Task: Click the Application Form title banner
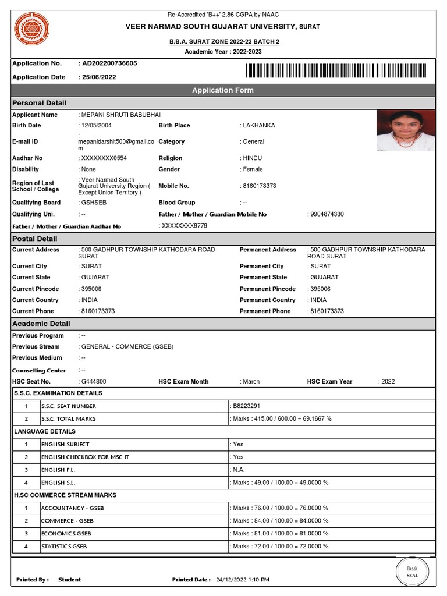(223, 90)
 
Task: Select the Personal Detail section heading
(36, 103)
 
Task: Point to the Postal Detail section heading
(35, 239)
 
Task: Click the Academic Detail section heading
(41, 324)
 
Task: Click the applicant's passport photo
(406, 131)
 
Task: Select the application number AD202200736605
(108, 63)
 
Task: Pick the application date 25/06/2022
(98, 77)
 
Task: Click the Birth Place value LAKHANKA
(258, 126)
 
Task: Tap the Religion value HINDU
(253, 158)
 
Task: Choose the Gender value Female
(253, 169)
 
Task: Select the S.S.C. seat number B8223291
(246, 406)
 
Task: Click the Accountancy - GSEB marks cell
(279, 508)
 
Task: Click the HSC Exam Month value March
(251, 382)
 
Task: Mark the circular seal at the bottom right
(412, 572)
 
